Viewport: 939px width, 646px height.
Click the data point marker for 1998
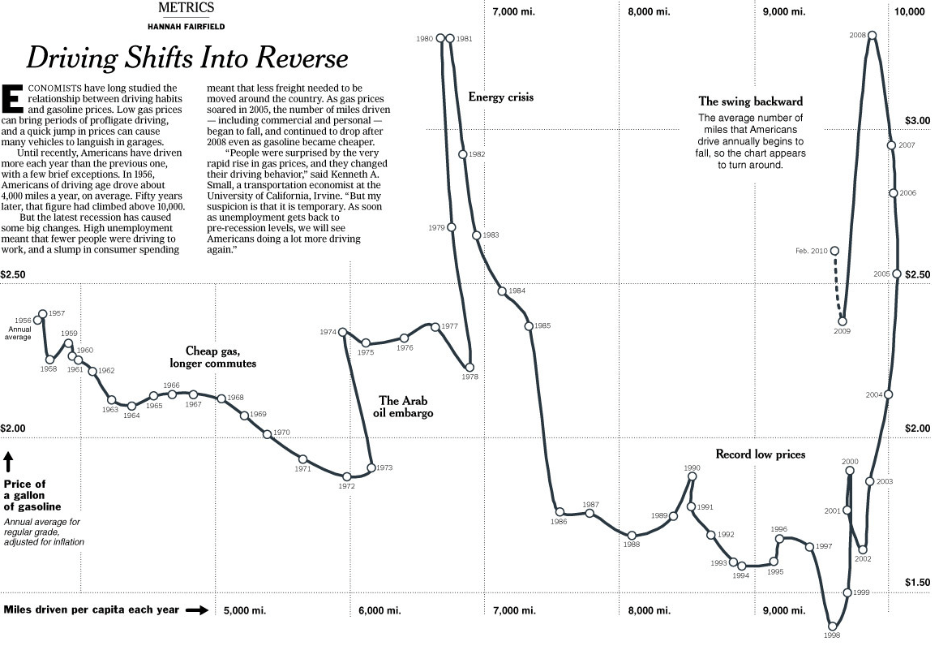[832, 626]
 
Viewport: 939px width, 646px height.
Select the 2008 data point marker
[873, 35]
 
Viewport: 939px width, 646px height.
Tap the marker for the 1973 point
[371, 467]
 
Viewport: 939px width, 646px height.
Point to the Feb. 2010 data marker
[835, 251]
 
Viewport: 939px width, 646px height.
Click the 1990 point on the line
[692, 476]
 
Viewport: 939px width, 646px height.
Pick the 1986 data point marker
[559, 512]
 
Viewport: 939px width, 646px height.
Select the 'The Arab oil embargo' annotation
[406, 407]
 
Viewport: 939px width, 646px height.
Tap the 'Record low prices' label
[760, 454]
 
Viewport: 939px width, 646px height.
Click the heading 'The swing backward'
[750, 101]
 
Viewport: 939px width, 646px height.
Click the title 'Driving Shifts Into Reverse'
[187, 58]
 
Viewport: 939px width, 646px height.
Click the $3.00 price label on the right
[917, 120]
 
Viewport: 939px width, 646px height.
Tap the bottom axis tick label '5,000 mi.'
[244, 610]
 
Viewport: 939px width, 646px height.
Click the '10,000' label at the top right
[909, 11]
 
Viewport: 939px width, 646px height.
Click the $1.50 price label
[917, 582]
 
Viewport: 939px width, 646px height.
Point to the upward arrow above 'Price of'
[8, 462]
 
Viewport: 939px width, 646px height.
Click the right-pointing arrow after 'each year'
[197, 610]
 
